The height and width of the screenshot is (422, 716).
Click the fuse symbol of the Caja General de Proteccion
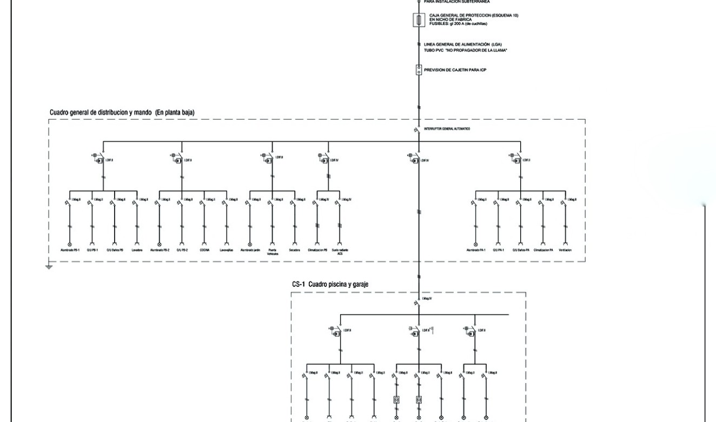(x=419, y=21)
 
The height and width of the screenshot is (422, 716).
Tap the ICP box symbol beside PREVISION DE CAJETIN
(x=419, y=70)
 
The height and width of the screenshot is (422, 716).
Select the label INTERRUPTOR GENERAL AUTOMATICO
(x=447, y=129)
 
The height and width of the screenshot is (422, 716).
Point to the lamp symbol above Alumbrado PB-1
(x=69, y=243)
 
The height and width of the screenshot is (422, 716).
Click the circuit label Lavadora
(x=136, y=250)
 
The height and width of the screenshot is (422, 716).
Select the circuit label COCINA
(x=204, y=250)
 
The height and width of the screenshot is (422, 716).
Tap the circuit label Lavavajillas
(x=227, y=250)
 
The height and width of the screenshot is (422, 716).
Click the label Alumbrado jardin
(x=250, y=250)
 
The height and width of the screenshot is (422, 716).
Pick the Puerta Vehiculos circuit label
(x=273, y=252)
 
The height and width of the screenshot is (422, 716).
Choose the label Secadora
(x=295, y=250)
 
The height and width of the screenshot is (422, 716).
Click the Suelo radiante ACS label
(x=340, y=252)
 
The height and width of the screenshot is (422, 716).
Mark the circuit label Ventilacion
(x=566, y=250)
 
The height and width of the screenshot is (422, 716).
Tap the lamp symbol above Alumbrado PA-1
(x=475, y=243)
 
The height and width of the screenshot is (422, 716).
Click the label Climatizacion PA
(x=543, y=250)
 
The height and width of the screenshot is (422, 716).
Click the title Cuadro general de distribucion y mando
(x=122, y=113)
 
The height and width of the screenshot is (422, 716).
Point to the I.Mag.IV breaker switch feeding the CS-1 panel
(x=418, y=303)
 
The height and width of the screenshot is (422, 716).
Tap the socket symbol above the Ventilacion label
(x=566, y=243)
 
